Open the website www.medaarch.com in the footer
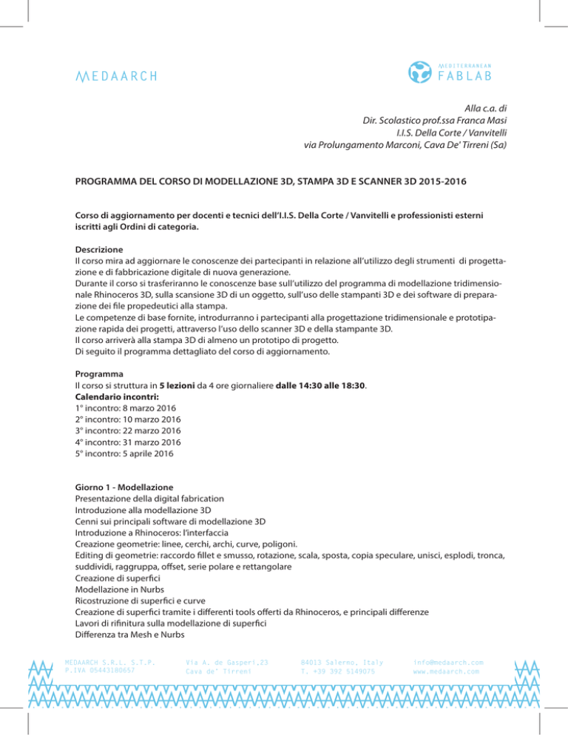(446, 671)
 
